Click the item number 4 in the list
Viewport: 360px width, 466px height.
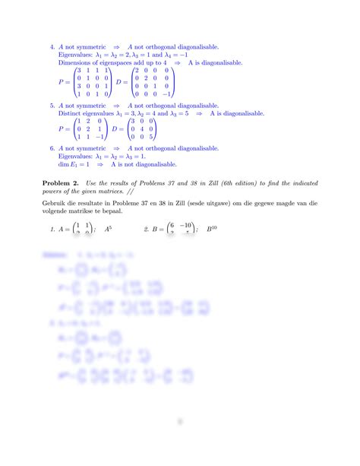51,45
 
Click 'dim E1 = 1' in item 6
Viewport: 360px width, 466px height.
73,164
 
